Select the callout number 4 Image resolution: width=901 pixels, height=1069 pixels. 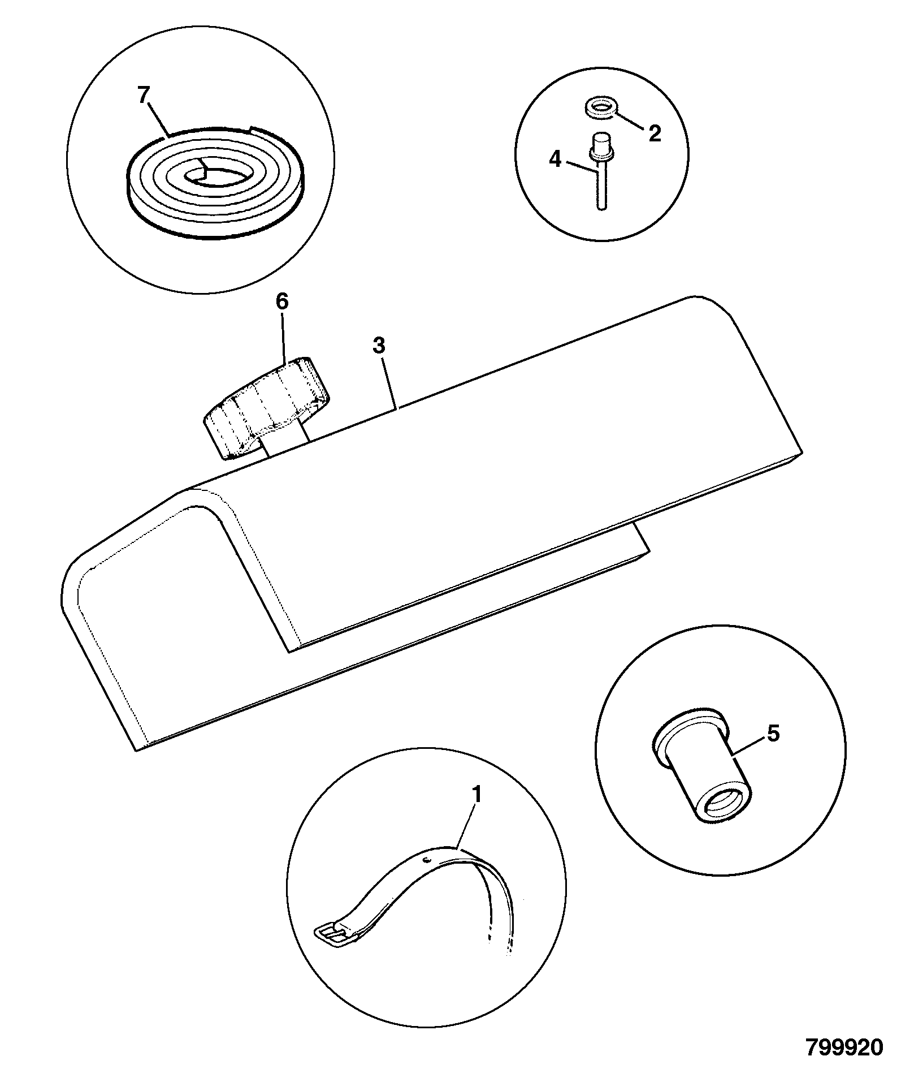[x=556, y=160]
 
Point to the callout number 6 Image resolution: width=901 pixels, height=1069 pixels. [x=281, y=301]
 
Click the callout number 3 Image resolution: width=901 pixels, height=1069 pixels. [x=379, y=346]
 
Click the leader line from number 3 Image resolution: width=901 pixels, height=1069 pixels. [x=389, y=381]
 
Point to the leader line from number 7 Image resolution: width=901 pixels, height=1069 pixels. [x=156, y=120]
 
